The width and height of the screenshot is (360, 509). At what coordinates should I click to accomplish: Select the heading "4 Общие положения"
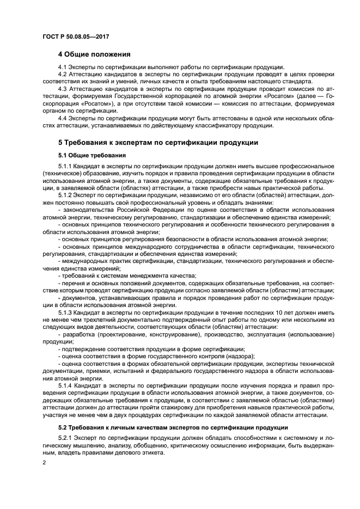[x=94, y=54]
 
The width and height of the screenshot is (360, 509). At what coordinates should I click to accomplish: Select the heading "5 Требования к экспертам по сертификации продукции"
[x=154, y=143]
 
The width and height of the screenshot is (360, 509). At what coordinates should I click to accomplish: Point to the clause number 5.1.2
[x=66, y=195]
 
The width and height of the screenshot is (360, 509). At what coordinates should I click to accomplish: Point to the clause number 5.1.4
[x=66, y=385]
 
